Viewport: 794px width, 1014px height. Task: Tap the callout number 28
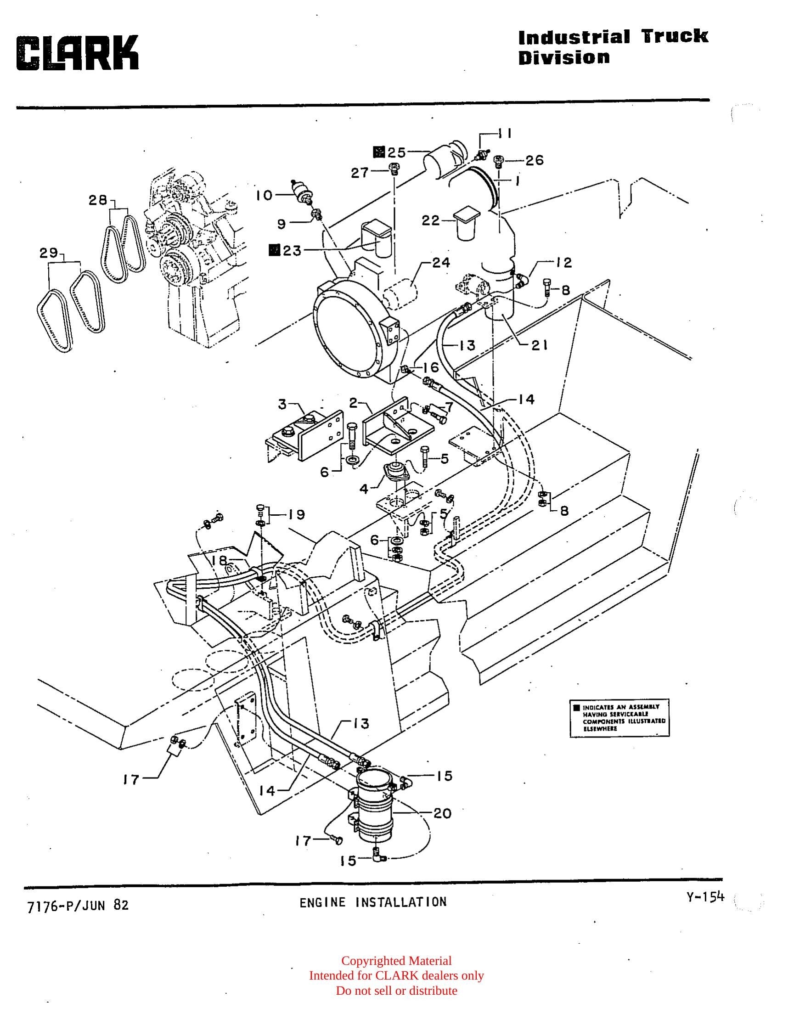[98, 200]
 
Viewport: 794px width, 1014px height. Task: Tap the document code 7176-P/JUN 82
[78, 906]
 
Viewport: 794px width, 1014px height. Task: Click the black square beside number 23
[274, 250]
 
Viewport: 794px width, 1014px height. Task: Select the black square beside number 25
[379, 152]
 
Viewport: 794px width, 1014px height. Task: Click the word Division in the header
[564, 58]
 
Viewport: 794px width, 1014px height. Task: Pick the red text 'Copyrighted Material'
[396, 961]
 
